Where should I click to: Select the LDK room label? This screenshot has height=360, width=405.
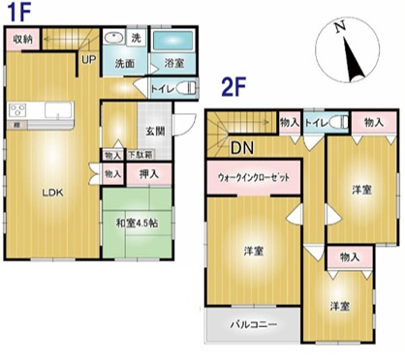coord(51,192)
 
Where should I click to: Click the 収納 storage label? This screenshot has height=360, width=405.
coord(22,40)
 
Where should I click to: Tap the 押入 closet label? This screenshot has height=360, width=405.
coord(151,173)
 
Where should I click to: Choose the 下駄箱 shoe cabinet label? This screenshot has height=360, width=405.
coord(142,153)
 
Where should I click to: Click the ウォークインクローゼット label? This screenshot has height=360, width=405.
coord(254,178)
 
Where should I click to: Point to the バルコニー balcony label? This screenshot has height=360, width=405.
coord(253,324)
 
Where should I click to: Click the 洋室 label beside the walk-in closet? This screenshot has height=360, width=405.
coord(255,251)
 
